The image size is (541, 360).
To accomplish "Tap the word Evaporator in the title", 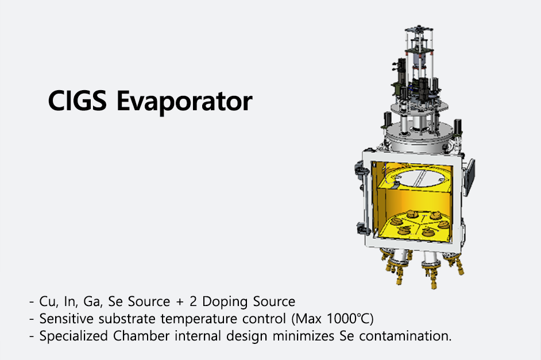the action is pos(184,102).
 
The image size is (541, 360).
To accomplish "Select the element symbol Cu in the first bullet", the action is pos(47,302).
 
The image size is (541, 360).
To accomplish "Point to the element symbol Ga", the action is pos(92,302).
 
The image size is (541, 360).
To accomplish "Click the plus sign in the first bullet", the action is pos(180,302).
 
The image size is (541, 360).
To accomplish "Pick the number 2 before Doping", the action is pos(193,302).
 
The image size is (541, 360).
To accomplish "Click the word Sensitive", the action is pos(66,319).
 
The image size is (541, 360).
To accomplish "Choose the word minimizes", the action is pos(303,336).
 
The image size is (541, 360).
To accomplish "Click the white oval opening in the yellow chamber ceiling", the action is pos(421,178).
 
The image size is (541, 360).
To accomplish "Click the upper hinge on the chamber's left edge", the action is pos(360,171).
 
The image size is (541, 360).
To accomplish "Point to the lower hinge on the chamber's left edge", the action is pos(361,229).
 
